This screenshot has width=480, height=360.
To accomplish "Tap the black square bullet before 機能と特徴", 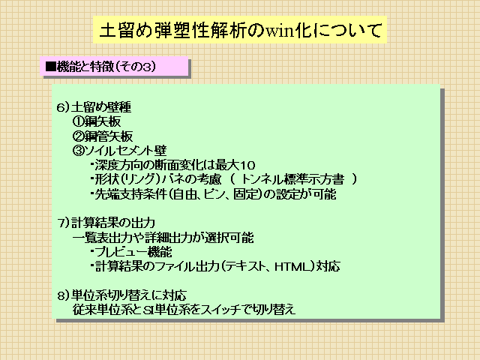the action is pos(50,67).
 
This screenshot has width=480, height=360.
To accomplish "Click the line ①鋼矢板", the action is pos(97,121).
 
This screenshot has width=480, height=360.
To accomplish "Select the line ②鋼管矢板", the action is pos(103,136).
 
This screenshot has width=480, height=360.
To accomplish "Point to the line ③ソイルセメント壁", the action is pos(120,151).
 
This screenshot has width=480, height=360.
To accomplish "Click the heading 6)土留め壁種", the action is pos(94,107).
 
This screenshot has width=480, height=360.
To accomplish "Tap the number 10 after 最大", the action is pos(247,165).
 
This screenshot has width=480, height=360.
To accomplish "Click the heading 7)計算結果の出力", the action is pos(106,223).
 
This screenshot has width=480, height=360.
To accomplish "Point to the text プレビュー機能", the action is pos(133,252).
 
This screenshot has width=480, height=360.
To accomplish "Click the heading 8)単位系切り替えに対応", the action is pos(121,295).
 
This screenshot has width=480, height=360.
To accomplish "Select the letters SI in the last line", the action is pos(148,310).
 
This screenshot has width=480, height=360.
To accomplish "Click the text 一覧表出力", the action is pos(103,238).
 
